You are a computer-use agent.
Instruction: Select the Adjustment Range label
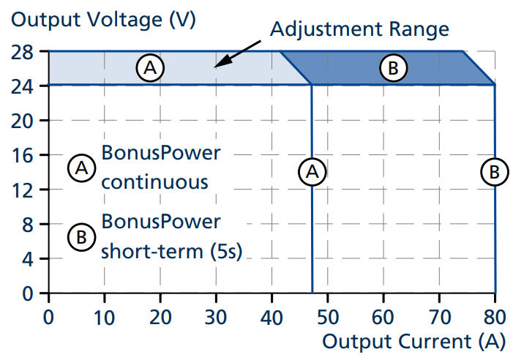(x=358, y=30)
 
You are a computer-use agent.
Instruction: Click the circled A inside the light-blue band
(x=150, y=68)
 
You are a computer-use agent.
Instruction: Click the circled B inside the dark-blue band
(x=392, y=68)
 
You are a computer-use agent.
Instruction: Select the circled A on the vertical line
(x=312, y=172)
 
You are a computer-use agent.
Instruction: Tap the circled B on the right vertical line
(x=495, y=172)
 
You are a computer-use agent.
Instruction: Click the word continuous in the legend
(x=154, y=181)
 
